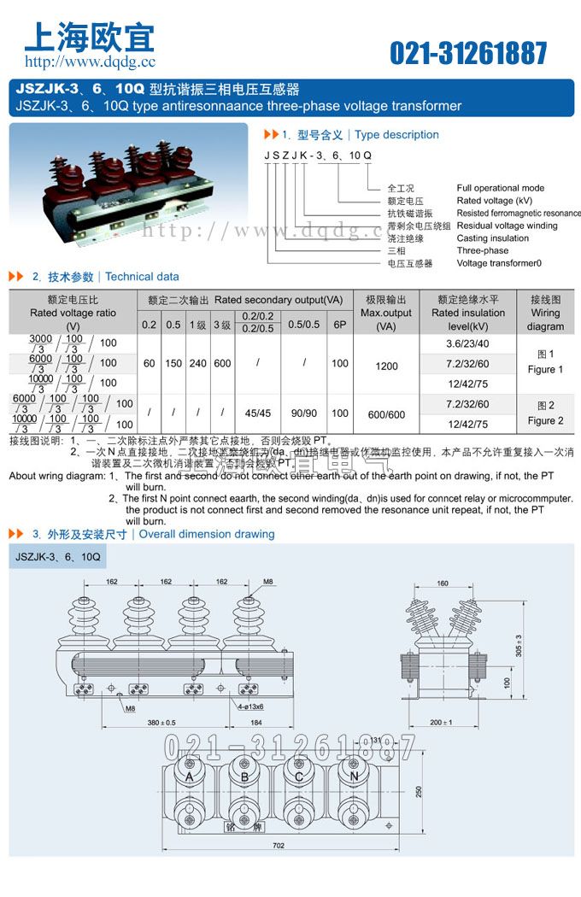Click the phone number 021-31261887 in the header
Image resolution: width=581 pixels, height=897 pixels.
click(468, 53)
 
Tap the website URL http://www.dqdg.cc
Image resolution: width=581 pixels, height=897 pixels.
click(90, 62)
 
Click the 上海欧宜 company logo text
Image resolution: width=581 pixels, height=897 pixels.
click(90, 36)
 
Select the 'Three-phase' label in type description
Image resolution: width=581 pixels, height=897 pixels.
click(482, 251)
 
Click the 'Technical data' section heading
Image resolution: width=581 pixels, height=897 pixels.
click(142, 277)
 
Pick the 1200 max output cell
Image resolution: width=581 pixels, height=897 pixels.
click(386, 366)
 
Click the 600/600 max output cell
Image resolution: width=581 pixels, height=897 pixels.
click(386, 414)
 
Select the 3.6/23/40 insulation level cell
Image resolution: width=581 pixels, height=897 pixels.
click(467, 343)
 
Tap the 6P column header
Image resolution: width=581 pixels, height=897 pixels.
click(340, 324)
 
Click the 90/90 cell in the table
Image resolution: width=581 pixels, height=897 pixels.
click(303, 413)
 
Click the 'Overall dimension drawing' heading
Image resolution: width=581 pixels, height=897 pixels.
click(207, 534)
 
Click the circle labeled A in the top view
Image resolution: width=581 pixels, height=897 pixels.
click(190, 777)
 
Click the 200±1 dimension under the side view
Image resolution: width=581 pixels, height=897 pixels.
click(442, 723)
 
